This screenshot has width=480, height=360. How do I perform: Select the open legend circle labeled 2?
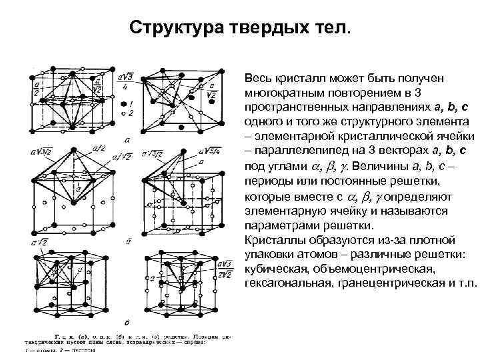[123, 114]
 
